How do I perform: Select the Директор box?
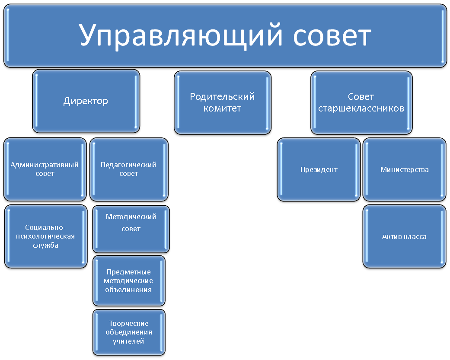(86, 101)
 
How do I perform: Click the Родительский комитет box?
(223, 102)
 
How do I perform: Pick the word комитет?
(222, 108)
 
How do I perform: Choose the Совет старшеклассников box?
(361, 102)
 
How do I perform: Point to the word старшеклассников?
(361, 108)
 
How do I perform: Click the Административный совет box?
(45, 169)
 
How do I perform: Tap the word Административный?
(44, 165)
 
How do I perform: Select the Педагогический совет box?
(129, 169)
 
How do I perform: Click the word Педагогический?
(128, 165)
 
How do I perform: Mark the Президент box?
(319, 169)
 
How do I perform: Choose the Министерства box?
(404, 169)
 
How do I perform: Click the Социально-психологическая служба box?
(46, 236)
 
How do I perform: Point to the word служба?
(46, 245)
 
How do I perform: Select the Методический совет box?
(131, 229)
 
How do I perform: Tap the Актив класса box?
(404, 236)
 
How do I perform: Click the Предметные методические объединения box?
(129, 281)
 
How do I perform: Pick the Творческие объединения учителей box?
(129, 332)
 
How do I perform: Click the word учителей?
(128, 341)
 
